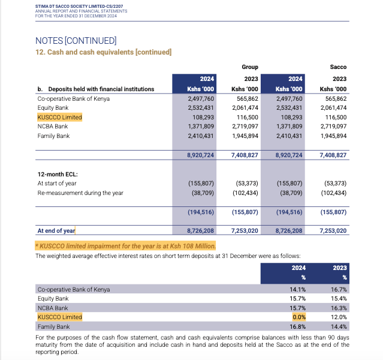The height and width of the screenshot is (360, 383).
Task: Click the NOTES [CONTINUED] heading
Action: pos(76,41)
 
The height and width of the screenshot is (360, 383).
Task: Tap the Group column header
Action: pos(250,67)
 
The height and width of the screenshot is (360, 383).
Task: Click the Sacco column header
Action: pos(338,67)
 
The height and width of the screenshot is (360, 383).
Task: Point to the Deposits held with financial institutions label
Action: pos(95,89)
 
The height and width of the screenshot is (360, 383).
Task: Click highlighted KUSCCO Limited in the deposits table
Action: pos(59,118)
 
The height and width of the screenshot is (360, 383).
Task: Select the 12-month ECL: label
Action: pos(58,174)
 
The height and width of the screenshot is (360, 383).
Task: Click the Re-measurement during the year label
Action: pos(80,193)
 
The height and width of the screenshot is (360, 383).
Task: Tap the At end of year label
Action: pos(56,230)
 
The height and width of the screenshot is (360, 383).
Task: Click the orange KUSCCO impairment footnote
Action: pos(125,246)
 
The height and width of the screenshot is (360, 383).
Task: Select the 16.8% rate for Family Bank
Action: pos(298,326)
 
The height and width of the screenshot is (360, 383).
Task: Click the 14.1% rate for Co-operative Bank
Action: pos(298,289)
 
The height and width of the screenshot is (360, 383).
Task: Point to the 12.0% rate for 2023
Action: pos(339,317)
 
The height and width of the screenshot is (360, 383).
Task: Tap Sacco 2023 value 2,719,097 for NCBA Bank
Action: pos(333,127)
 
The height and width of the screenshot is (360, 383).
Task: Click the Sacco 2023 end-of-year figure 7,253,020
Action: pos(333,230)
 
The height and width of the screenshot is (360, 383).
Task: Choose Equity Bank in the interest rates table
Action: pos(53,298)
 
